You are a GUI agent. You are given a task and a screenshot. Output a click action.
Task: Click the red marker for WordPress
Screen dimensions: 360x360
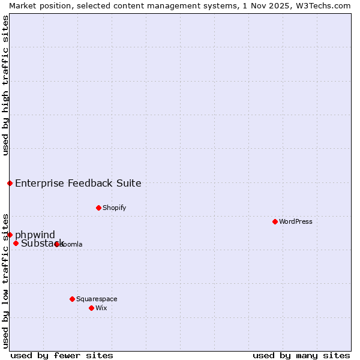(275, 221)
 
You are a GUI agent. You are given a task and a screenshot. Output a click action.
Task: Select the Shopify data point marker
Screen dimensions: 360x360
(98, 208)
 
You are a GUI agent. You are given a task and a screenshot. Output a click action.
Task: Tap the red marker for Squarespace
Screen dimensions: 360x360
(72, 299)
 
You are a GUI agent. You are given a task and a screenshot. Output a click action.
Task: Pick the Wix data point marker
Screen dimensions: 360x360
(91, 308)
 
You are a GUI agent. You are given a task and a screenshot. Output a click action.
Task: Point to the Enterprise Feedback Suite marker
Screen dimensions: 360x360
(10, 183)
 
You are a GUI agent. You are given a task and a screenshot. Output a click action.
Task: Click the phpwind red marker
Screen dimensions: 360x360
(10, 235)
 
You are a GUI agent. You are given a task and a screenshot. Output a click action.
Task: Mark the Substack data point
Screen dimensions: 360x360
(16, 243)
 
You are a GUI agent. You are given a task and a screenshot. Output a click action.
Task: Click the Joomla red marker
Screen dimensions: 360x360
(56, 244)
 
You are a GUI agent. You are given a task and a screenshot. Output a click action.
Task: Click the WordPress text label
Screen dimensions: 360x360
(296, 221)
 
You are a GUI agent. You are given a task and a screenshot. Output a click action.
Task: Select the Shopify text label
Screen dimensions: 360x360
(114, 208)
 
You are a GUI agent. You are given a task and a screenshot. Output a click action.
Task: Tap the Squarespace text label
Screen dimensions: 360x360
(97, 299)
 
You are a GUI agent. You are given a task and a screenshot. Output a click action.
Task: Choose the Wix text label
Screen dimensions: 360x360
(101, 308)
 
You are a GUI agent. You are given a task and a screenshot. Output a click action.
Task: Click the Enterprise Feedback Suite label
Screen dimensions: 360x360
(78, 183)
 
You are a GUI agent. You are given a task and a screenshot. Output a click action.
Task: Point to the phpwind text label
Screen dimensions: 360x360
(35, 235)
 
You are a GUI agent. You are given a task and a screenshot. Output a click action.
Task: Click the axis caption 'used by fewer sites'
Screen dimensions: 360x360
(62, 355)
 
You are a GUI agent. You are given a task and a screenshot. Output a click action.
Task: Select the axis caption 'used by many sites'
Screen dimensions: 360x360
(301, 355)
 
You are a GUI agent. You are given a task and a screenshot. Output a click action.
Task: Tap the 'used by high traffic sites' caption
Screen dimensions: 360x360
(5, 85)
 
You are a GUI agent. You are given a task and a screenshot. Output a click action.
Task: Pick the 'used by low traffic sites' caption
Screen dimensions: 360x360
(5, 280)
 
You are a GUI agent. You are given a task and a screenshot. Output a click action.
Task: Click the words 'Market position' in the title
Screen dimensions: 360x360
(36, 5)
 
